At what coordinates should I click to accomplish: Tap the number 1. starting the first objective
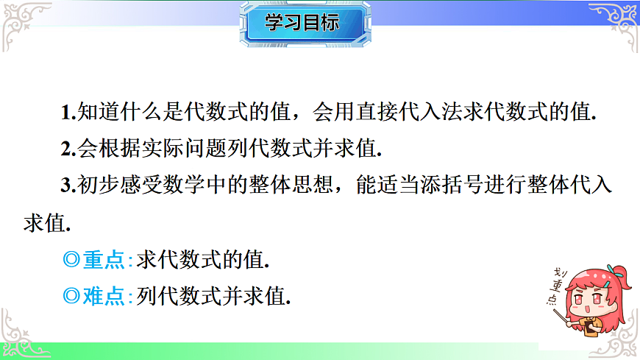68,113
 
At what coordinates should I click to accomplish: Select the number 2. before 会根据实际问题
68,149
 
